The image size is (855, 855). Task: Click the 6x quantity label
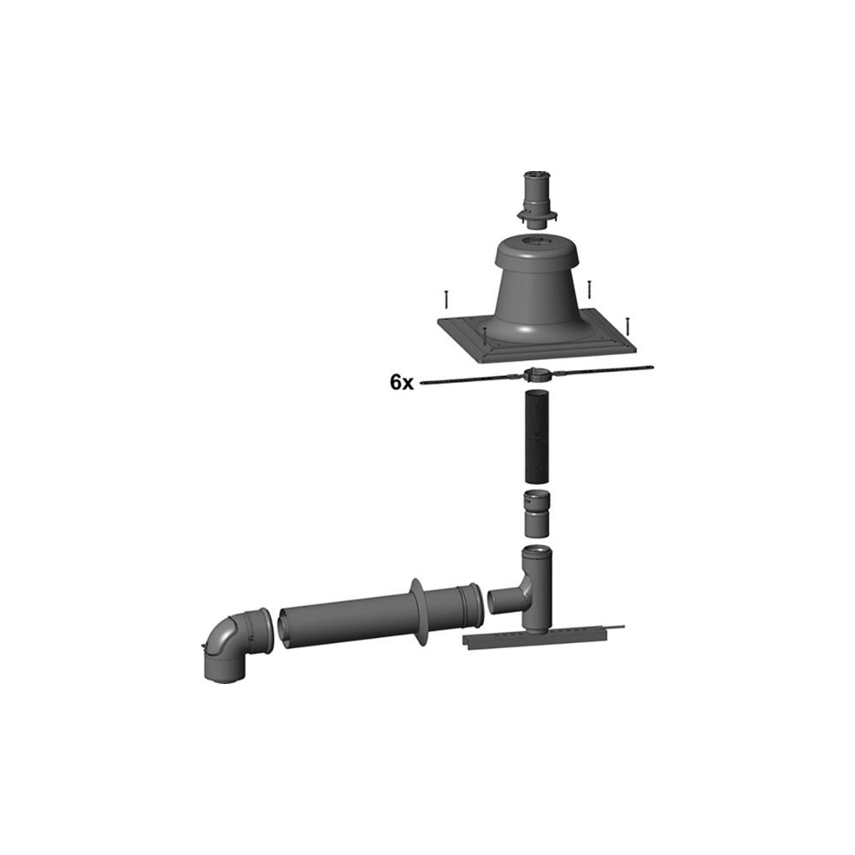coord(401,383)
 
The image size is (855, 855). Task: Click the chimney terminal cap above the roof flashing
coord(538,200)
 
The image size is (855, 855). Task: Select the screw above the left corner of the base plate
coord(446,299)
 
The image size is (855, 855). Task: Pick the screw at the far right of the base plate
coord(628,326)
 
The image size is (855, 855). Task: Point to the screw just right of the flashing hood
coord(589,290)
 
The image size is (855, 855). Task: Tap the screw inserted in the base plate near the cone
coord(483,336)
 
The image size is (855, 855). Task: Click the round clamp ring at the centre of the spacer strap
coord(535,375)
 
